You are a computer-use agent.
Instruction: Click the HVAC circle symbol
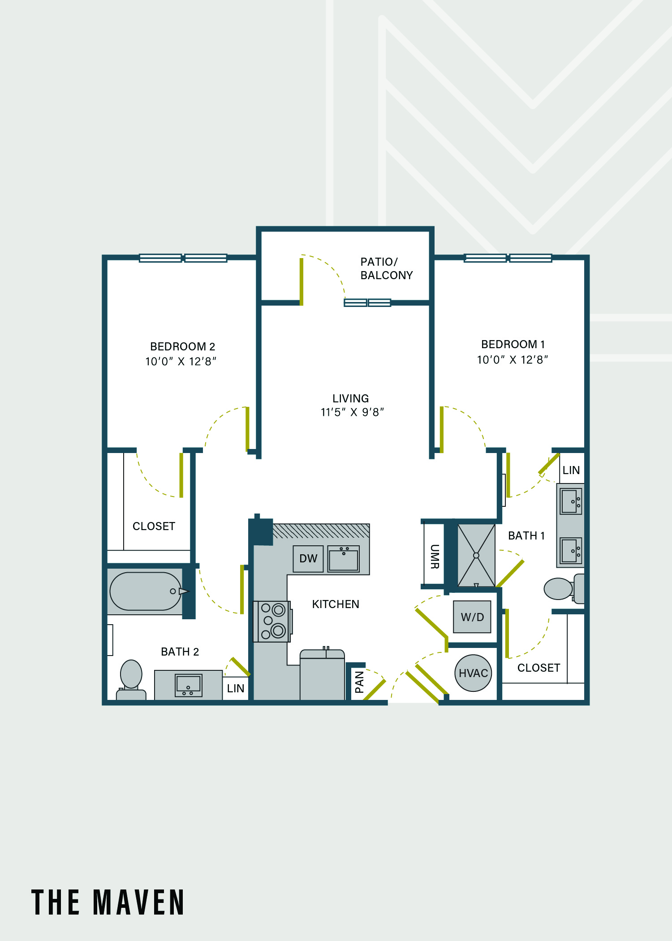[473, 673]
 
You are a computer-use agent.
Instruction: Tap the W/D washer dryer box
[472, 617]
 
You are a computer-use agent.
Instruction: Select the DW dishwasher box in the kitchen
[308, 559]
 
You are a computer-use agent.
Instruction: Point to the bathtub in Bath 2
[146, 591]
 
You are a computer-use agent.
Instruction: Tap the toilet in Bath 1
[564, 589]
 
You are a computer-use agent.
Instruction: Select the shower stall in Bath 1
[476, 556]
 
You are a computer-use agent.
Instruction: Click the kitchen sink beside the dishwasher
[344, 559]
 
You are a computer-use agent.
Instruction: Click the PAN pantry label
[359, 682]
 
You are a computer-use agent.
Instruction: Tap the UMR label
[434, 557]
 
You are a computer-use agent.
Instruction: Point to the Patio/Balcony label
[387, 268]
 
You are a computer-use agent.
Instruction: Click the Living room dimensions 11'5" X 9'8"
[352, 412]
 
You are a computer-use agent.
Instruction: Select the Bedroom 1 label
[513, 344]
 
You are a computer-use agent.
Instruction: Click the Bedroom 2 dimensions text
[181, 361]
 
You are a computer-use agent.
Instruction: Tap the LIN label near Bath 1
[571, 470]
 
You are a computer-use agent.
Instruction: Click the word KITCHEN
[336, 604]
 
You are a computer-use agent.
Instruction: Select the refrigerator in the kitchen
[322, 674]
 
